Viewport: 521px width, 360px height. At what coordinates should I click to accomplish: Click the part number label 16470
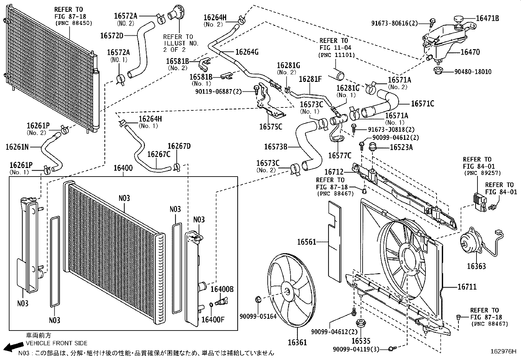tap(470, 52)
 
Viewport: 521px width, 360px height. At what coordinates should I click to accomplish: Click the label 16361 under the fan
tap(297, 343)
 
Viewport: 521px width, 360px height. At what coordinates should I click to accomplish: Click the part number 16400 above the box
tap(123, 169)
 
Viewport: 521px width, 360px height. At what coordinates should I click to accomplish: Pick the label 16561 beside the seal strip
tap(306, 242)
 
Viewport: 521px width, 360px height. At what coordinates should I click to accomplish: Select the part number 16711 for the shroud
tap(467, 287)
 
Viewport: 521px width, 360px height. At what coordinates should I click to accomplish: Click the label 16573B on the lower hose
tap(276, 147)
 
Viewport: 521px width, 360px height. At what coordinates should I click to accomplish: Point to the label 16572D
tap(112, 35)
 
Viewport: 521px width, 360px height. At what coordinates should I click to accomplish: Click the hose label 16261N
tap(17, 147)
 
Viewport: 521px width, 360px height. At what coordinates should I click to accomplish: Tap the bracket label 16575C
tap(270, 127)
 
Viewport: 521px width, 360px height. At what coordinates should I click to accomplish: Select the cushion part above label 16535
tap(361, 322)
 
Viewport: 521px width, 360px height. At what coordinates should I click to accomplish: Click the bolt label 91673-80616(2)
tap(395, 23)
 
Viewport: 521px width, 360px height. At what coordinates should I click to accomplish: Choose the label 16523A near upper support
tap(401, 147)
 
